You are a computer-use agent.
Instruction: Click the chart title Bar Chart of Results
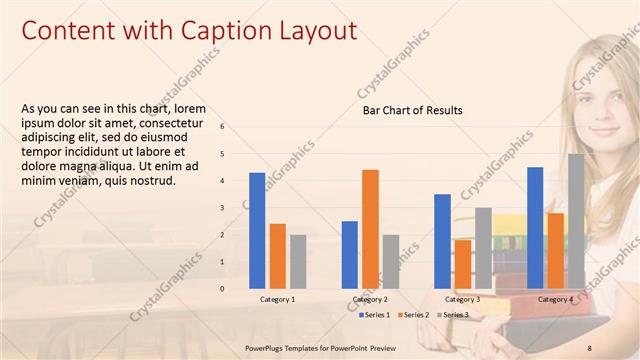coord(412,110)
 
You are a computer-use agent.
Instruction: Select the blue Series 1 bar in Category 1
coord(257,230)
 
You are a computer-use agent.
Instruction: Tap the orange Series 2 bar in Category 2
coord(370,228)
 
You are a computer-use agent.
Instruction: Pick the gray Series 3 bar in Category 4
coord(576,220)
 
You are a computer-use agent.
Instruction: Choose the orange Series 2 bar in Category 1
coord(278,255)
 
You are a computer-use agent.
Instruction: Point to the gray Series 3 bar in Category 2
coord(390,261)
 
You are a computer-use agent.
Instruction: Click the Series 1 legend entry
coord(376,315)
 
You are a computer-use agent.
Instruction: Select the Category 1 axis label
coord(277,299)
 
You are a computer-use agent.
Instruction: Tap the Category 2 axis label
coord(370,299)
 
